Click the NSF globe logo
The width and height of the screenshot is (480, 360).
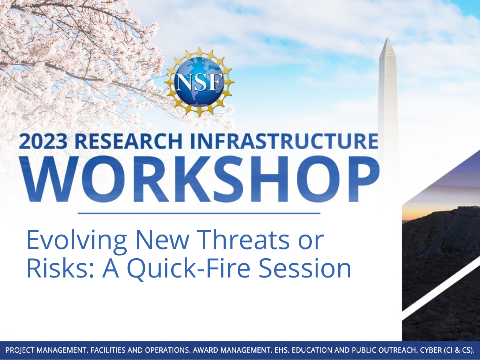pos(199,82)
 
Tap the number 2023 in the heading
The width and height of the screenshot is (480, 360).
pos(43,142)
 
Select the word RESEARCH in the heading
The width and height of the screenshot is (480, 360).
pos(128,142)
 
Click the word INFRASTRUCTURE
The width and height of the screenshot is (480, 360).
pos(284,142)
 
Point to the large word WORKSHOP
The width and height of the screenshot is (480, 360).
pos(199,180)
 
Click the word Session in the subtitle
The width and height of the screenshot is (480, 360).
pos(305,268)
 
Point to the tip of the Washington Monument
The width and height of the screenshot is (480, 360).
pos(387,37)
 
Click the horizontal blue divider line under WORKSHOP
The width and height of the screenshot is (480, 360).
pos(199,213)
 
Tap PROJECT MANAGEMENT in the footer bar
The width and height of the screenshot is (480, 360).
pos(46,350)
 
